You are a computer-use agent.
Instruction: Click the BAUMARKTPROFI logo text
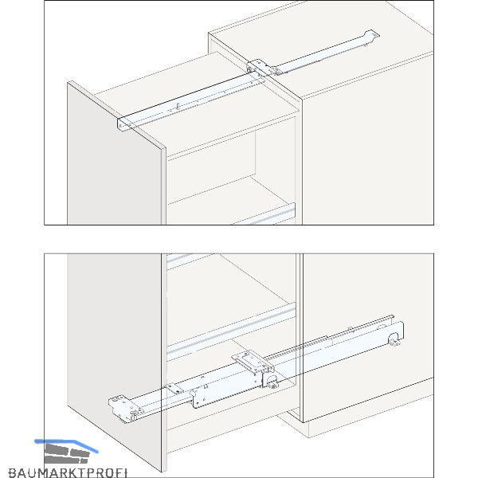pos(68,472)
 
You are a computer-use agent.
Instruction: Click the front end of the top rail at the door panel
pos(123,124)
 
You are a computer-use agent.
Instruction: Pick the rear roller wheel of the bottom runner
pos(394,339)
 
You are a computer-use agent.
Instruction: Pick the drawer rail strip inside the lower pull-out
pos(231,331)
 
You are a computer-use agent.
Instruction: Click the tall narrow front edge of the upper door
pos(164,186)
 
